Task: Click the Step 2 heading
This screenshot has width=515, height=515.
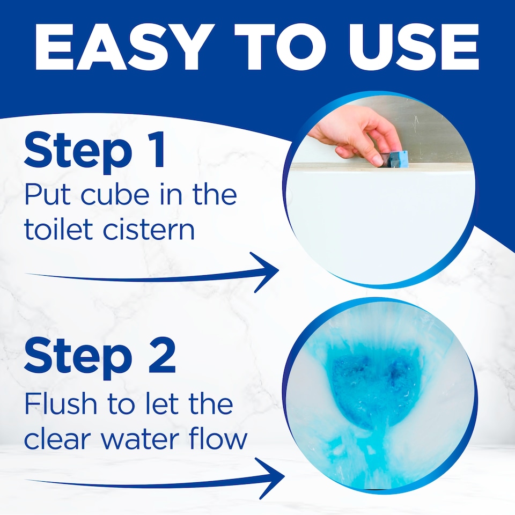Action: (x=100, y=355)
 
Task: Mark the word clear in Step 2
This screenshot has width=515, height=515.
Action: (x=58, y=438)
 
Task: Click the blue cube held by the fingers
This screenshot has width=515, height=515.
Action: (x=399, y=158)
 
